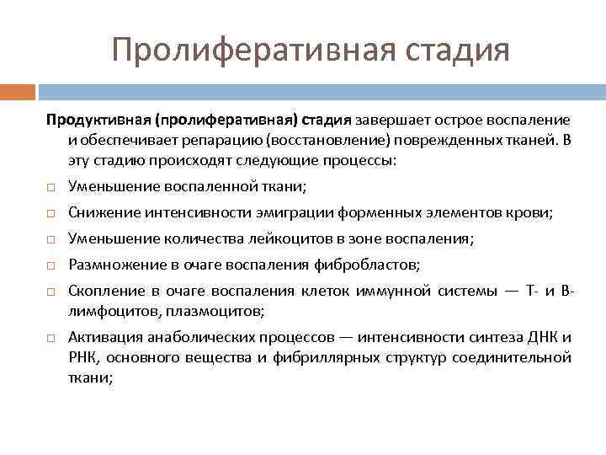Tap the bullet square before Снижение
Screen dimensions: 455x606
pos(50,214)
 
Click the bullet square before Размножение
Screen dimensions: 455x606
pos(50,266)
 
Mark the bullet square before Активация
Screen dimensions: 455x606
pos(50,338)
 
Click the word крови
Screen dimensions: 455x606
pos(530,213)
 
